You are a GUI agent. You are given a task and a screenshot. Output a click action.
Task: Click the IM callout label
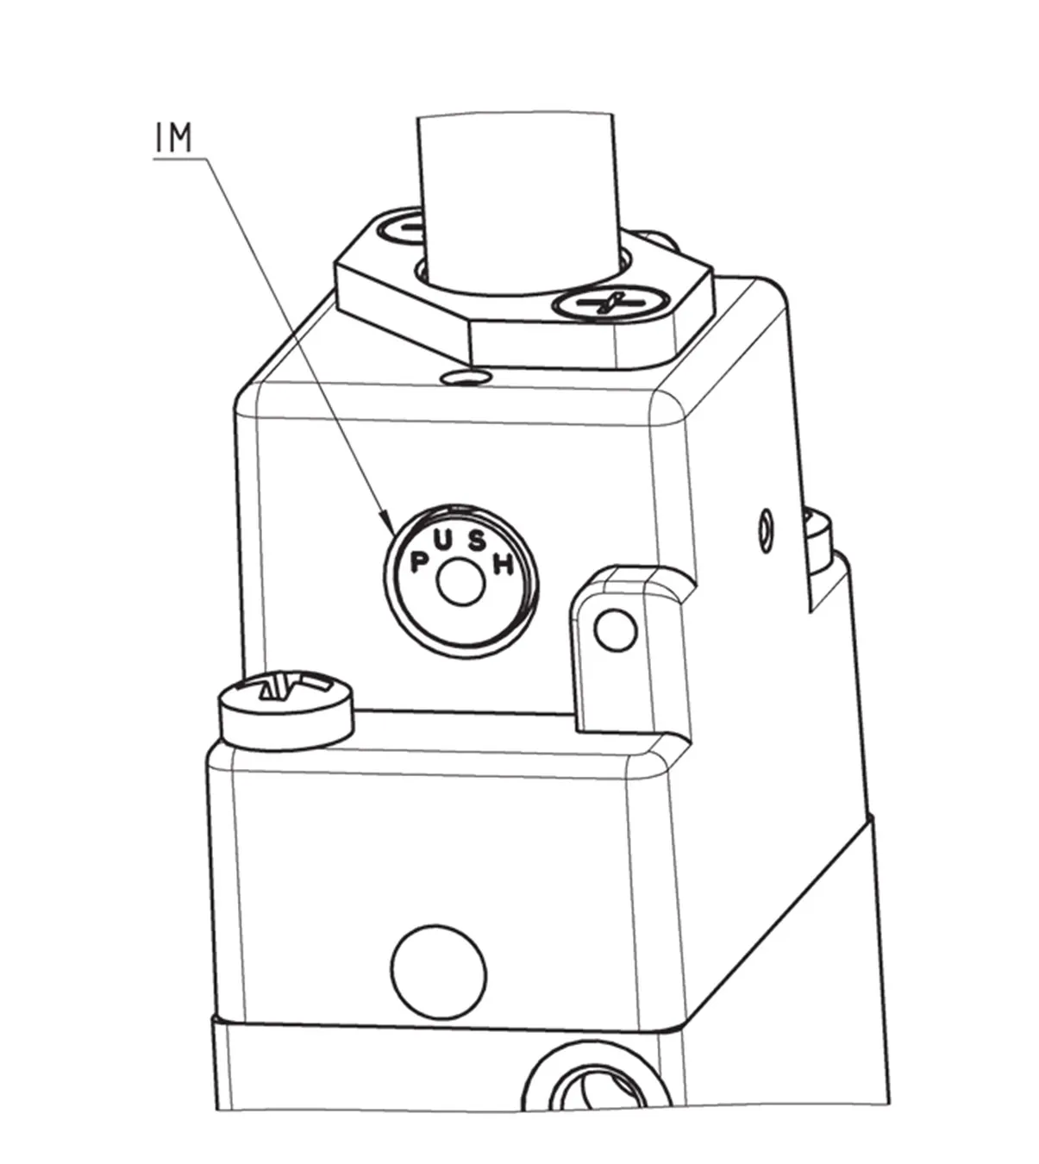tap(174, 139)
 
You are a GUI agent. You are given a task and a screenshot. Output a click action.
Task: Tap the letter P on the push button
tap(420, 561)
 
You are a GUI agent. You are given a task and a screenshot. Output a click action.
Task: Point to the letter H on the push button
tap(504, 565)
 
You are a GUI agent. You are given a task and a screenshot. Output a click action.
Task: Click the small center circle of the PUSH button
tap(460, 584)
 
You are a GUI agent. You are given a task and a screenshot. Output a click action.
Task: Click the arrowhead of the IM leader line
tap(387, 523)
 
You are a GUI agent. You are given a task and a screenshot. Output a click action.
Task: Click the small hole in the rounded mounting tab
tap(616, 632)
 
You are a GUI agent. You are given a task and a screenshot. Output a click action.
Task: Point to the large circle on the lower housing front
tap(438, 971)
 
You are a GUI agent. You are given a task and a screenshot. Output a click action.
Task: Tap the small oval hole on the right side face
tap(764, 528)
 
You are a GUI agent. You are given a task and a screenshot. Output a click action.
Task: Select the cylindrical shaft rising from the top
tap(517, 198)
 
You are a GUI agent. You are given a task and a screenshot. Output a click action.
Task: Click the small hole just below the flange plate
tap(464, 377)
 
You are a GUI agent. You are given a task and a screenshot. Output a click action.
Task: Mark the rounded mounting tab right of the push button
tap(629, 647)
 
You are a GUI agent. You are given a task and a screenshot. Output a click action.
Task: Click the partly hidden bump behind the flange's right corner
tap(662, 238)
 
